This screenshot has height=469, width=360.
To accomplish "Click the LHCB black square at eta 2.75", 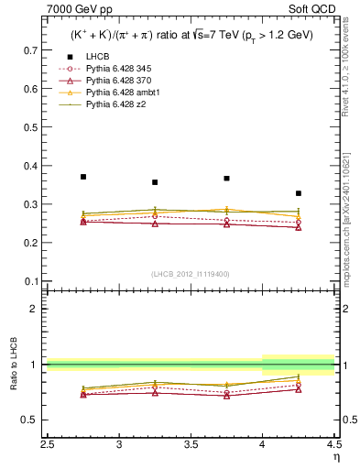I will (x=83, y=176).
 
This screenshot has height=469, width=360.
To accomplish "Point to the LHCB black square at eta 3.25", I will (x=155, y=182).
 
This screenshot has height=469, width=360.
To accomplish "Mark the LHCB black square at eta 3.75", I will (x=226, y=178).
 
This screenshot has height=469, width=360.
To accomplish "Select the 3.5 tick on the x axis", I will (x=191, y=445).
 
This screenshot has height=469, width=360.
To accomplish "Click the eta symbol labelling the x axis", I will (x=334, y=457).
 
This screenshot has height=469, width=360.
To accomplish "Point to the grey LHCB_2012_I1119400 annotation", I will (x=191, y=274).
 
